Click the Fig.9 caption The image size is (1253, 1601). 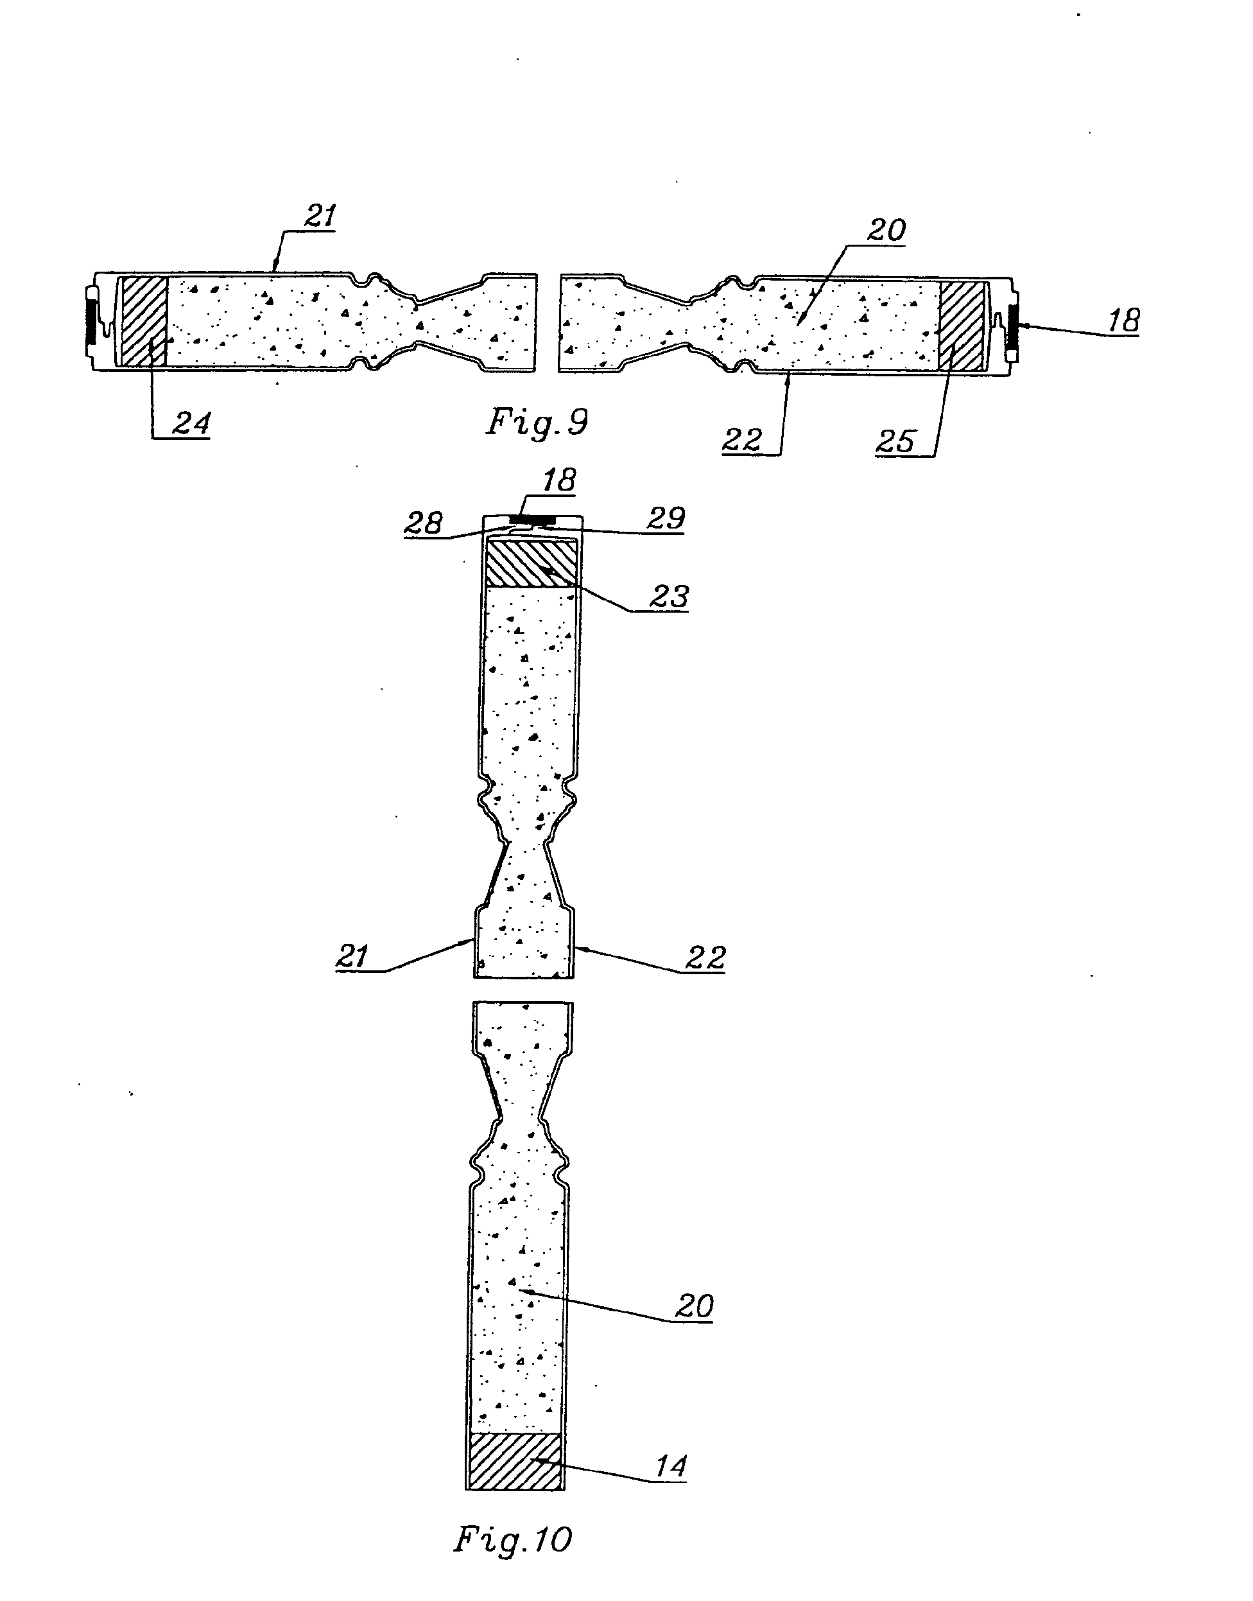[x=538, y=423]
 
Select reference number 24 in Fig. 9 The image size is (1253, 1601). [x=191, y=423]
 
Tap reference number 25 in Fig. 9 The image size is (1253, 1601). [x=895, y=441]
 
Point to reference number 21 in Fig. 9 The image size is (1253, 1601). [x=320, y=216]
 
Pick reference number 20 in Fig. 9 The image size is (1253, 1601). [x=886, y=231]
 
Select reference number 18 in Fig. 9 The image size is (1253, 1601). [x=1123, y=320]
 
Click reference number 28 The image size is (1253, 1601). [x=423, y=523]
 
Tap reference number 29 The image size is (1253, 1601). [x=666, y=518]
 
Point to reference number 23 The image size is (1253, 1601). [x=669, y=597]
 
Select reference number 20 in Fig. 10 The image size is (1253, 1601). [x=694, y=1306]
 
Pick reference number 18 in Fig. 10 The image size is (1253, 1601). [x=559, y=480]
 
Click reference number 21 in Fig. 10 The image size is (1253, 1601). [x=352, y=957]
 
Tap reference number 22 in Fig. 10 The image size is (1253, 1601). [x=705, y=958]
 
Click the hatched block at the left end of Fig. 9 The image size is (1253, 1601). [x=144, y=320]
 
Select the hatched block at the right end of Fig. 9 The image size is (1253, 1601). [x=962, y=324]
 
